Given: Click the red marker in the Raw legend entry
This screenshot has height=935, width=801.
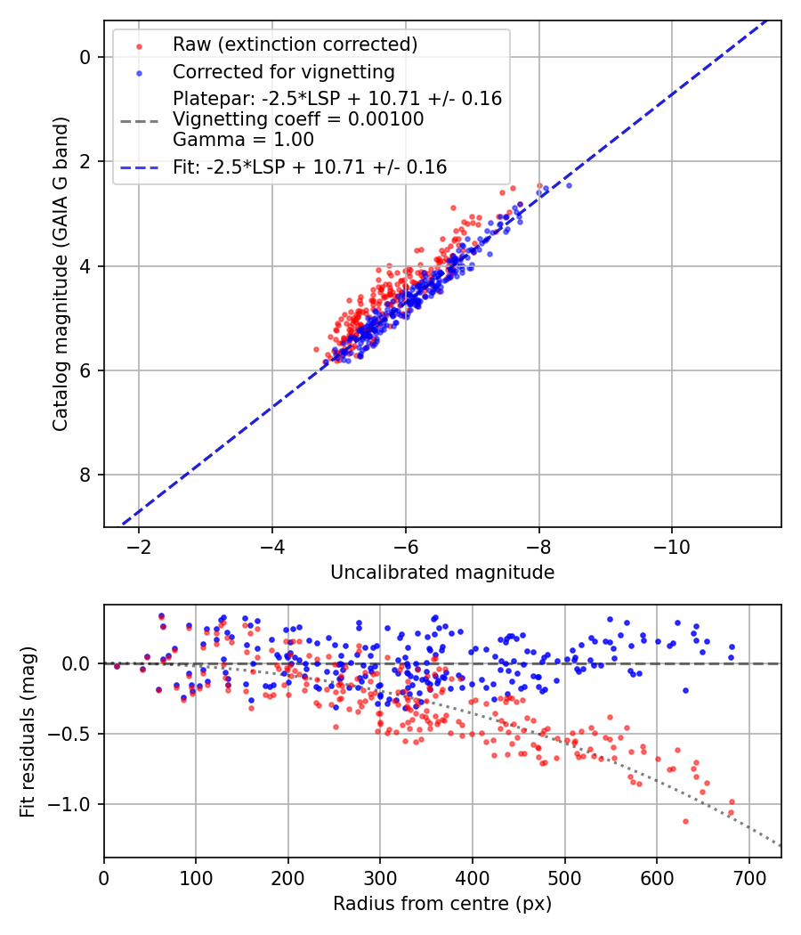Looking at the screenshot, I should pyautogui.click(x=139, y=45).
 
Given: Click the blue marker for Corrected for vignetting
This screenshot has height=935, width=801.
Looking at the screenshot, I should pyautogui.click(x=139, y=71).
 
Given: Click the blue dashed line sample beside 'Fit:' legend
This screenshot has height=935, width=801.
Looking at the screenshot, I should pyautogui.click(x=139, y=167).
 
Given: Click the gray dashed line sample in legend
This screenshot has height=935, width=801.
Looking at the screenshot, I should pyautogui.click(x=139, y=119).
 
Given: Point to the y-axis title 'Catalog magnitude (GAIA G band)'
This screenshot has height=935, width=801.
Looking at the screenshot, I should pyautogui.click(x=60, y=272).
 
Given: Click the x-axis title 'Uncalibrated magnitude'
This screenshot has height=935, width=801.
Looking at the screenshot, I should pyautogui.click(x=442, y=573).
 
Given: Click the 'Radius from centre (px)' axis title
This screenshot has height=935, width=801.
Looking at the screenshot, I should pyautogui.click(x=442, y=904).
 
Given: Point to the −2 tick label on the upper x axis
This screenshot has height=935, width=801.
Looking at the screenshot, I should pyautogui.click(x=139, y=547).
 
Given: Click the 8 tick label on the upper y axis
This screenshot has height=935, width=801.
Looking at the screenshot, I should pyautogui.click(x=85, y=475).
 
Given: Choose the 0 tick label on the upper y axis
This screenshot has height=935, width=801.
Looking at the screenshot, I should pyautogui.click(x=85, y=57).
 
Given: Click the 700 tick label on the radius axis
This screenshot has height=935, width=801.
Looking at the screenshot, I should pyautogui.click(x=748, y=878).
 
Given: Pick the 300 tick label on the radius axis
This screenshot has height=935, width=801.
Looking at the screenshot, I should pyautogui.click(x=380, y=878).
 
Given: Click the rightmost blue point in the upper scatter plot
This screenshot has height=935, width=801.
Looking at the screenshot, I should pyautogui.click(x=569, y=185).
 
